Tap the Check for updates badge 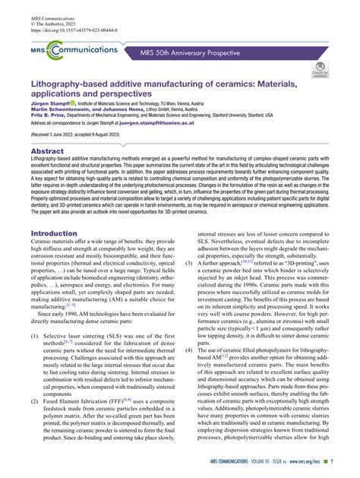click(x=320, y=71)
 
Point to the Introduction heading click(x=59, y=233)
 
